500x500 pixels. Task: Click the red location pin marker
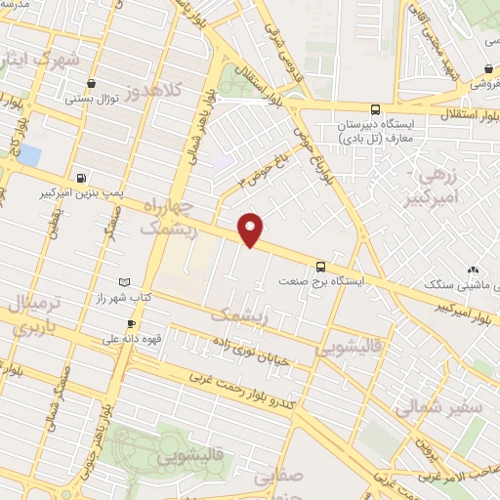coord(251,229)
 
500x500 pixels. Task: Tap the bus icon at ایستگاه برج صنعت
coord(320,266)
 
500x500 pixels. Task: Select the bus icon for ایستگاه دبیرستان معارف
coord(376,110)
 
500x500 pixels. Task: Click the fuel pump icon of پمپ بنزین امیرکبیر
coord(80,178)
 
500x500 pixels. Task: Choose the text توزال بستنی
coord(91,99)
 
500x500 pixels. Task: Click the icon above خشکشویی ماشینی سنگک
coord(473,270)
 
